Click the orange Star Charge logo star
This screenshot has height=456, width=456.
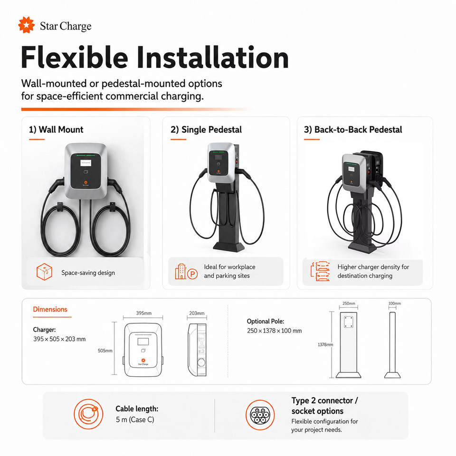pyautogui.click(x=27, y=25)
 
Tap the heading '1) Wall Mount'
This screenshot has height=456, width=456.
pyautogui.click(x=56, y=129)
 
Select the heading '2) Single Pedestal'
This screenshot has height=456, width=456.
pyautogui.click(x=206, y=129)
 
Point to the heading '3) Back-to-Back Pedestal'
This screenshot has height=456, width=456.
pyautogui.click(x=353, y=129)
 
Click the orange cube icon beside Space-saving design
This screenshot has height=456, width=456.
pyautogui.click(x=44, y=272)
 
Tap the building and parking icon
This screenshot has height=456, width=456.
pyautogui.click(x=186, y=272)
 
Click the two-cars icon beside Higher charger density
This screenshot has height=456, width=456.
pyautogui.click(x=320, y=271)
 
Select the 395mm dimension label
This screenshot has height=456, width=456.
pyautogui.click(x=143, y=313)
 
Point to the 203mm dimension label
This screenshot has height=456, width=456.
pyautogui.click(x=197, y=313)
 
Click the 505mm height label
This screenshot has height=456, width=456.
pyautogui.click(x=105, y=351)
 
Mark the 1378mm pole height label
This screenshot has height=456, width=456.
pyautogui.click(x=325, y=345)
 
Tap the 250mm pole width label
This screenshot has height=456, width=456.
pyautogui.click(x=349, y=304)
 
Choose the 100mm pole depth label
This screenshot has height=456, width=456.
pyautogui.click(x=395, y=304)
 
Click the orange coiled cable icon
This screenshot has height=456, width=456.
pyautogui.click(x=88, y=414)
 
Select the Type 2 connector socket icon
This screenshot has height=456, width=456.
pyautogui.click(x=260, y=415)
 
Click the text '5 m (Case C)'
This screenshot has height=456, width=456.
pyautogui.click(x=135, y=419)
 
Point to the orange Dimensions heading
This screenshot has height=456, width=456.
pyautogui.click(x=50, y=309)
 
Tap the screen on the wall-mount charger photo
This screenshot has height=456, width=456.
pyautogui.click(x=86, y=163)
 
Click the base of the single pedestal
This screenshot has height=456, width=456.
pyautogui.click(x=228, y=247)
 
